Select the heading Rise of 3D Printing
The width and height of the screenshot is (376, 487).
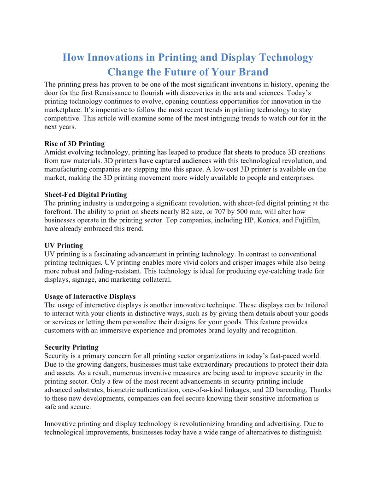point(74,143)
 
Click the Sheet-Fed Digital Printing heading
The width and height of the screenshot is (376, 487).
point(85,194)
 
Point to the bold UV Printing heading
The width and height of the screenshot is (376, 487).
point(64,245)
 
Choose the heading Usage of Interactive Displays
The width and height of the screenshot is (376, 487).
point(90,296)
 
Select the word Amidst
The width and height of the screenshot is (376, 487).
point(55,152)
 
